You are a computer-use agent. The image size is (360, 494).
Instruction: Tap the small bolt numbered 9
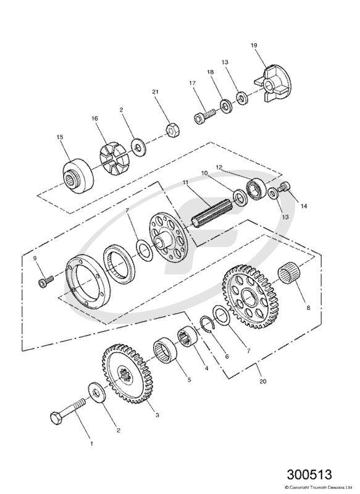pyautogui.click(x=45, y=282)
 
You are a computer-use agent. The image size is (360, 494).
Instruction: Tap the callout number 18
pyautogui.click(x=210, y=72)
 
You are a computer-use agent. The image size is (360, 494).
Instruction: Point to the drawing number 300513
pyautogui.click(x=309, y=475)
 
